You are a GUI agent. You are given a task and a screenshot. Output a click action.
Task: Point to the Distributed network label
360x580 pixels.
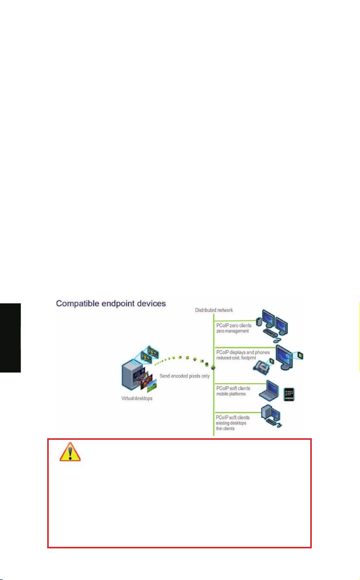coord(214,310)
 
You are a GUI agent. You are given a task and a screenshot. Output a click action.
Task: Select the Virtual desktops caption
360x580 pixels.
coord(137,398)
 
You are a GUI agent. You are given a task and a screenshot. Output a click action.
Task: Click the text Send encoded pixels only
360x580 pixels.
coord(185,376)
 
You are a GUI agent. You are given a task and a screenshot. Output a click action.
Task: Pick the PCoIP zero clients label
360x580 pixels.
coord(234,325)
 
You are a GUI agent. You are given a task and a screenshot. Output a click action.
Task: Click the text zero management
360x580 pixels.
coord(233,331)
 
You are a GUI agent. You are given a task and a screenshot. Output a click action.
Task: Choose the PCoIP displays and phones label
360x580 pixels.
coord(243,352)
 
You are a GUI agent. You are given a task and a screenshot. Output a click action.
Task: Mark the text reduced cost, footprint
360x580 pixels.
coord(236,358)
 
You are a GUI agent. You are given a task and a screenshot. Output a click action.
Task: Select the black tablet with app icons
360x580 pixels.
coord(289,394)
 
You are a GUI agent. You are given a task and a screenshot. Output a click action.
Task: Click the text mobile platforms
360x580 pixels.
coord(231,394)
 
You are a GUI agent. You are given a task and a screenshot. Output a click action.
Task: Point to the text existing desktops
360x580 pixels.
coord(231,423)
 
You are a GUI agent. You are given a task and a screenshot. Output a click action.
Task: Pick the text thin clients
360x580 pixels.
coord(225,429)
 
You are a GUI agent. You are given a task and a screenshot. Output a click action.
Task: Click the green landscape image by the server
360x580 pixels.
coord(152,386)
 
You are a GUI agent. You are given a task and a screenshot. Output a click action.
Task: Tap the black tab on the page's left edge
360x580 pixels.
coord(10,337)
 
